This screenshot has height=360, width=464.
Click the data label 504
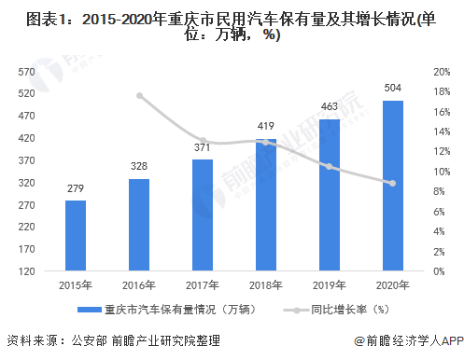(x=393, y=89)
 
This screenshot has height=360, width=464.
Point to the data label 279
(x=76, y=188)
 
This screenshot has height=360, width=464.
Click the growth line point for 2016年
(x=139, y=95)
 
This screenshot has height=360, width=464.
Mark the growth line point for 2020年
(x=393, y=183)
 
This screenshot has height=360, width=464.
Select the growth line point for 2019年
(x=330, y=166)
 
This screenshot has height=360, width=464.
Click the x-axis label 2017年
(x=203, y=284)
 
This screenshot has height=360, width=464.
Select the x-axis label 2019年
(x=330, y=284)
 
